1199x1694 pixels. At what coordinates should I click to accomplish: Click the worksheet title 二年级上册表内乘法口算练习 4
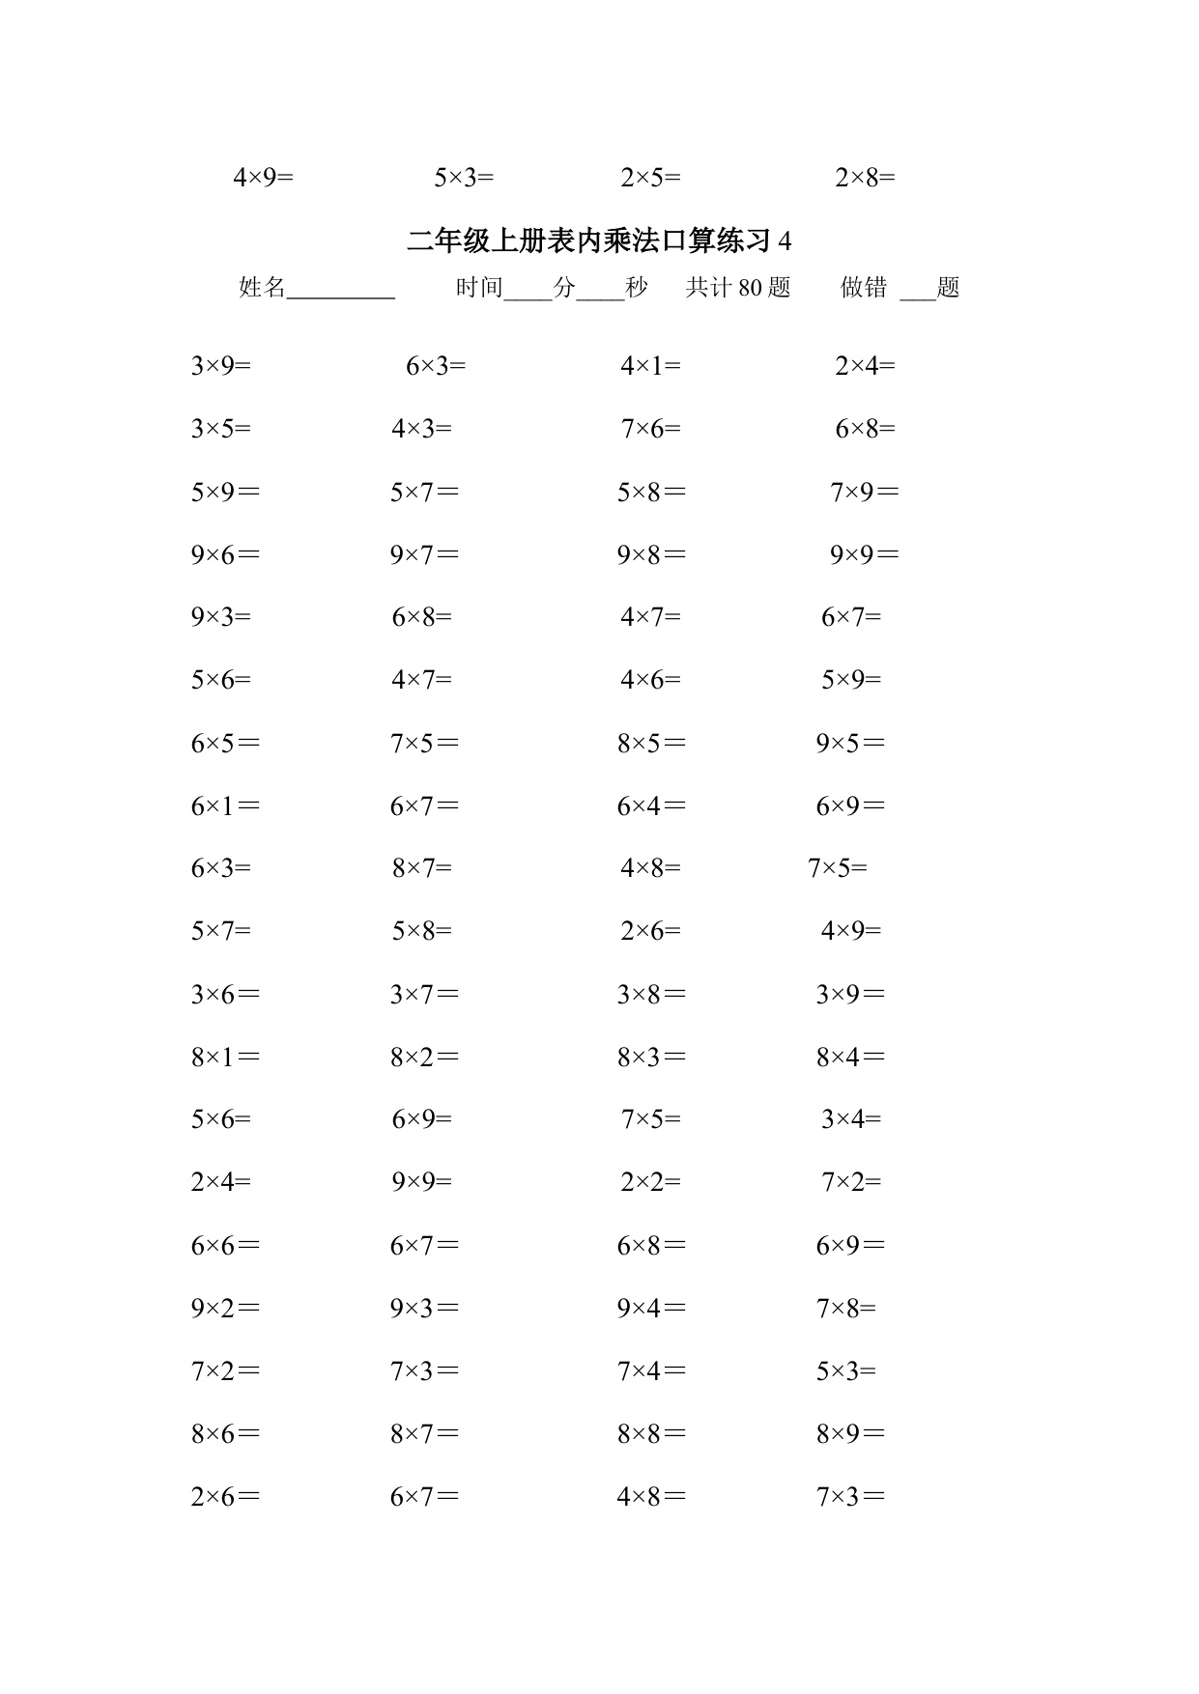pyautogui.click(x=599, y=240)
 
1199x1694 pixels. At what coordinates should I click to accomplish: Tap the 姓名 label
pyautogui.click(x=263, y=287)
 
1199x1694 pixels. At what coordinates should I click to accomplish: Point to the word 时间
pyautogui.click(x=479, y=287)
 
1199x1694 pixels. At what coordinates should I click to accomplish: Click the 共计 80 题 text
pyautogui.click(x=738, y=287)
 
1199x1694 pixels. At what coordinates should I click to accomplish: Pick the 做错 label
pyautogui.click(x=864, y=287)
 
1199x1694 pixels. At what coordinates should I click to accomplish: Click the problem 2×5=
pyautogui.click(x=650, y=178)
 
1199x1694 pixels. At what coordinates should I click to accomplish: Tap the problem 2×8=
pyautogui.click(x=865, y=178)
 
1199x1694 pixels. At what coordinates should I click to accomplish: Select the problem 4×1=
pyautogui.click(x=650, y=366)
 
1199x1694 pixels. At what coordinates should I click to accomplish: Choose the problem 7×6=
pyautogui.click(x=650, y=429)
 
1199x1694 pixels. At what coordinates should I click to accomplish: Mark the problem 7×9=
pyautogui.click(x=865, y=493)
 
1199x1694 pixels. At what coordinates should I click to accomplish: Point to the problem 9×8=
pyautogui.click(x=651, y=555)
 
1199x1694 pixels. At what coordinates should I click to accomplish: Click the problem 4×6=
pyautogui.click(x=650, y=680)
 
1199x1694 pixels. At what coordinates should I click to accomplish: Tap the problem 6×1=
pyautogui.click(x=225, y=806)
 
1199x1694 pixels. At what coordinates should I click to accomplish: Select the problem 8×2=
pyautogui.click(x=424, y=1058)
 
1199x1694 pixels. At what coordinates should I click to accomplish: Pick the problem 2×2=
pyautogui.click(x=650, y=1182)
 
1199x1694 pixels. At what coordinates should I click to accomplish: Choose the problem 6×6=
pyautogui.click(x=225, y=1246)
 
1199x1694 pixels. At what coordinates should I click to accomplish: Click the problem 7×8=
pyautogui.click(x=846, y=1309)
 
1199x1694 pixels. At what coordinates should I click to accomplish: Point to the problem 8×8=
pyautogui.click(x=651, y=1434)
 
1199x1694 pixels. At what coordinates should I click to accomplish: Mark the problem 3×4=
pyautogui.click(x=851, y=1119)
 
